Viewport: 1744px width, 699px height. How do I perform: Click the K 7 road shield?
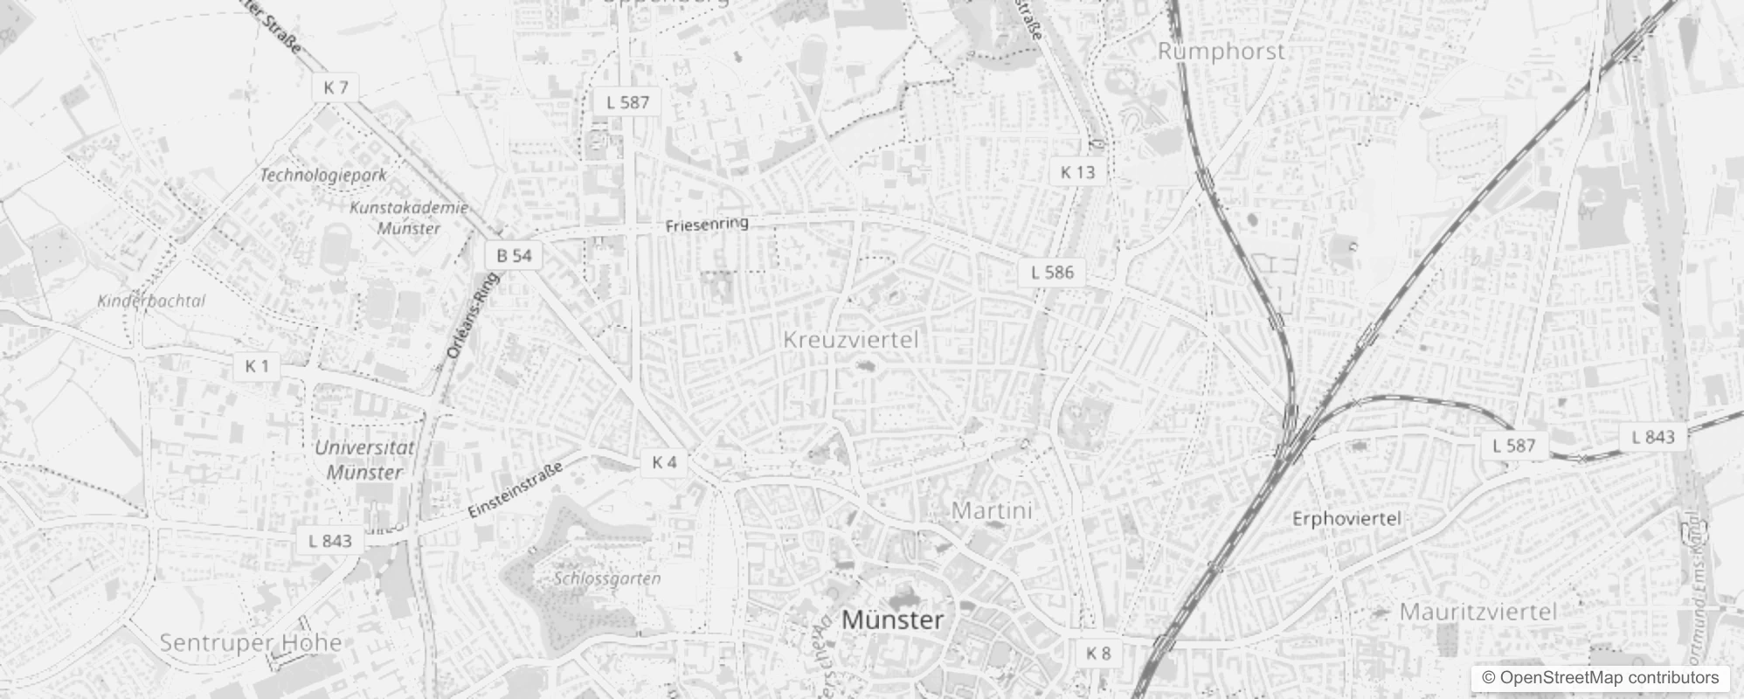tap(336, 87)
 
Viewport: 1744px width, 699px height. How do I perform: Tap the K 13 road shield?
tap(1077, 172)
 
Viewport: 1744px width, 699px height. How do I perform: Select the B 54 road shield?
tap(514, 255)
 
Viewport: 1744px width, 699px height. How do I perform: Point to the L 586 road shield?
tap(1052, 272)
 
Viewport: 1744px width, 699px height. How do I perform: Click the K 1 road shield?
tap(257, 366)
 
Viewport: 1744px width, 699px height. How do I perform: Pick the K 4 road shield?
tap(664, 462)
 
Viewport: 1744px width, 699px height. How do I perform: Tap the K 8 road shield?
tap(1098, 653)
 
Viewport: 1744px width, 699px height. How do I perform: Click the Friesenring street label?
tap(707, 225)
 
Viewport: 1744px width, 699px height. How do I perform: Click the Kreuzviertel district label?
tap(851, 340)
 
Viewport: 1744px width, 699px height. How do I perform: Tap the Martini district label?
tap(992, 510)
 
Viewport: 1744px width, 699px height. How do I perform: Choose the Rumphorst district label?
tap(1221, 52)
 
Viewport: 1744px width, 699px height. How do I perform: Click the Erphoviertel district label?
tap(1346, 519)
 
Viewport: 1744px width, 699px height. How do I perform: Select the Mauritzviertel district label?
tap(1478, 612)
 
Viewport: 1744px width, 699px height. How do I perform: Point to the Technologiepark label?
tap(323, 175)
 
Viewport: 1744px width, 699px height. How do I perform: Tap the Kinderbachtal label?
tap(151, 301)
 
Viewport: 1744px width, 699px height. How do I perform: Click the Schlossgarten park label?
tap(607, 578)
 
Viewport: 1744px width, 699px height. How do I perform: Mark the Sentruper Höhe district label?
tap(251, 643)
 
